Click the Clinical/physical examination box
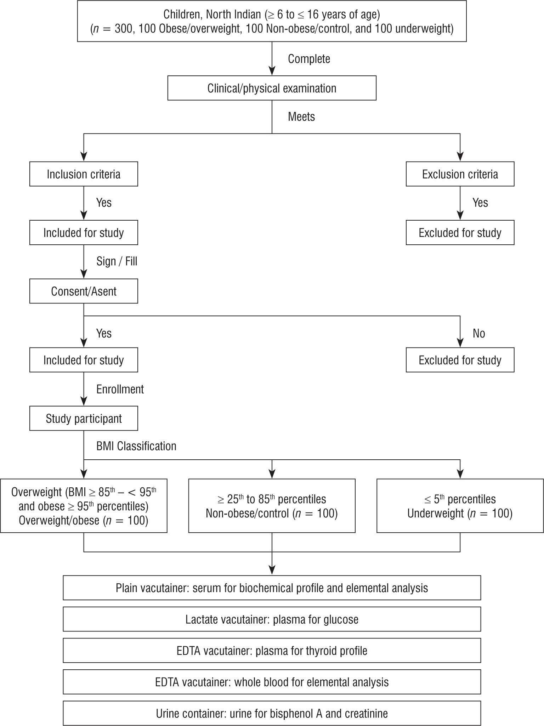pyautogui.click(x=272, y=88)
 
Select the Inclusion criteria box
pyautogui.click(x=84, y=174)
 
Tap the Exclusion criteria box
pyautogui.click(x=460, y=174)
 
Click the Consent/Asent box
pyautogui.click(x=84, y=291)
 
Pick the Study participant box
pyautogui.click(x=84, y=419)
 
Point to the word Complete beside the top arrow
pyautogui.click(x=309, y=59)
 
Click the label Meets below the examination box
pyautogui.click(x=301, y=117)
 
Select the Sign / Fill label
pyautogui.click(x=117, y=261)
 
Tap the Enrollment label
pyautogui.click(x=120, y=389)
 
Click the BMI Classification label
pyautogui.click(x=136, y=446)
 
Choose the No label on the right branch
pyautogui.click(x=478, y=333)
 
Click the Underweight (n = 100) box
pyautogui.click(x=460, y=506)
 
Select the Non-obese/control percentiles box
pyautogui.click(x=272, y=506)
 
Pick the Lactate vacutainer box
pyautogui.click(x=272, y=619)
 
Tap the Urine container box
pyautogui.click(x=272, y=713)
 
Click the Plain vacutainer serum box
pyautogui.click(x=272, y=588)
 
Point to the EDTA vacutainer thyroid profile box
pyautogui.click(x=272, y=651)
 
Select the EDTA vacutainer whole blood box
pyautogui.click(x=272, y=682)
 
